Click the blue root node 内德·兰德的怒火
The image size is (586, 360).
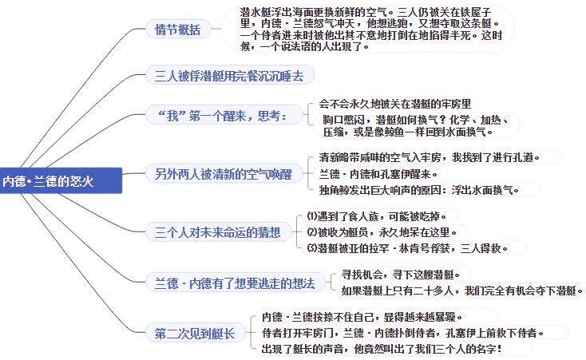coord(61,180)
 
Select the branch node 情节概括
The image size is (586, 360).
coord(178,30)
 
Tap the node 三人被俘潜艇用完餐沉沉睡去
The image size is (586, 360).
coord(229,76)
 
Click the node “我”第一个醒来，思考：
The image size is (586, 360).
coord(224,116)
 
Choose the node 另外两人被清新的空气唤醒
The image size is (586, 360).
coord(224,174)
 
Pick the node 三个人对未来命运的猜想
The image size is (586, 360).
coord(217,232)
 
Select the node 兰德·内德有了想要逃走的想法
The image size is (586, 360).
coord(236,283)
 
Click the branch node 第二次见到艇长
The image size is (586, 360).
coord(195,333)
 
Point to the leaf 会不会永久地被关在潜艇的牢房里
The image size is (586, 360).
coord(394,104)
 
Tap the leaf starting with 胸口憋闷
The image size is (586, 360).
coord(416,125)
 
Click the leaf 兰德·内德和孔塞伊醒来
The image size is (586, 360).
coord(378,174)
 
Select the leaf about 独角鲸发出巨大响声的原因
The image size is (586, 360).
coord(419,190)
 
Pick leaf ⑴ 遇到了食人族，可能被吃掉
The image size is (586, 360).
coord(377,216)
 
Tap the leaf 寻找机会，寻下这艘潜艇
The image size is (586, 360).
coord(401,275)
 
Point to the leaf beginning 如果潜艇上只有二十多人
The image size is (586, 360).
coord(462,291)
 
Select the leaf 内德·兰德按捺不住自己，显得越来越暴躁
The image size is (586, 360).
coord(362,317)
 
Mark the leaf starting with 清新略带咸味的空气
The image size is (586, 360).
coord(430,157)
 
